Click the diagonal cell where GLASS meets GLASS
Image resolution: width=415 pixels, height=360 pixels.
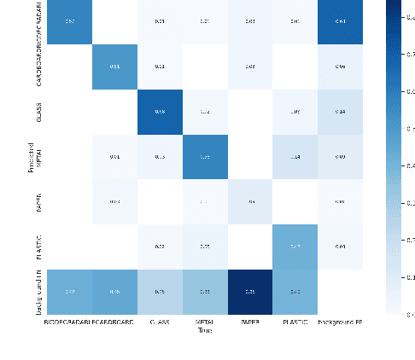(x=159, y=112)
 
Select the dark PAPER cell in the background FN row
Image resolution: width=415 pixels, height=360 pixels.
(x=249, y=291)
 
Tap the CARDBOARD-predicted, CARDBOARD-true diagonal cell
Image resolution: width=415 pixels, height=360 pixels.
(x=114, y=67)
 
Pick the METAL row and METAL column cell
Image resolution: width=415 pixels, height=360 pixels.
(x=204, y=156)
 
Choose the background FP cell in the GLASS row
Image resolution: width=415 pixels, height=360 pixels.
(x=340, y=112)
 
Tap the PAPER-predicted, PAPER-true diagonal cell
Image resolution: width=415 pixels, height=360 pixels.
(x=249, y=201)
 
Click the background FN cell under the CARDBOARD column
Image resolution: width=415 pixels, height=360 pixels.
(x=114, y=291)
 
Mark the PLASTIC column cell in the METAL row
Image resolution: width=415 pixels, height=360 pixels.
(x=295, y=156)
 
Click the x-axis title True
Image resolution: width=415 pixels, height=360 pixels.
(x=204, y=332)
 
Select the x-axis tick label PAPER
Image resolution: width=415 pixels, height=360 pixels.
(x=249, y=323)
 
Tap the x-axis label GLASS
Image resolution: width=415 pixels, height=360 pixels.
(x=159, y=323)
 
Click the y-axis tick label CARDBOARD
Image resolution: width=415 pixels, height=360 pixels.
(x=38, y=67)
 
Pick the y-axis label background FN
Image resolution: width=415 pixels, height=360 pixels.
(x=38, y=291)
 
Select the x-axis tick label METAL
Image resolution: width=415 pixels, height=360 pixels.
(x=204, y=323)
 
